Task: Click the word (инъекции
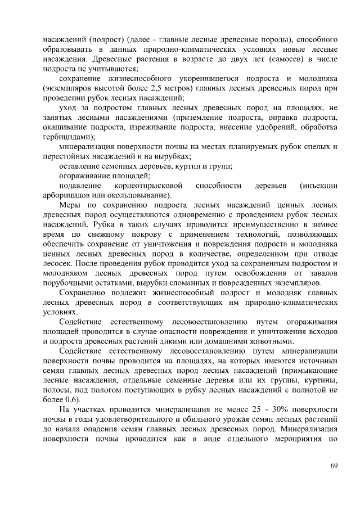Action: (318, 185)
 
